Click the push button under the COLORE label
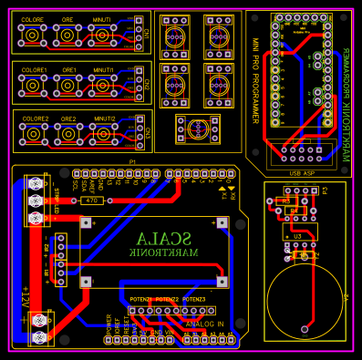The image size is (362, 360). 33,36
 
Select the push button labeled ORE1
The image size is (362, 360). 67,84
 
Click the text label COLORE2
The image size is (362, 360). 36,118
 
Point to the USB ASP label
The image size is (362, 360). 301,172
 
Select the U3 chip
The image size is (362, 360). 297,235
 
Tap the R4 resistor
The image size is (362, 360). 294,211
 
